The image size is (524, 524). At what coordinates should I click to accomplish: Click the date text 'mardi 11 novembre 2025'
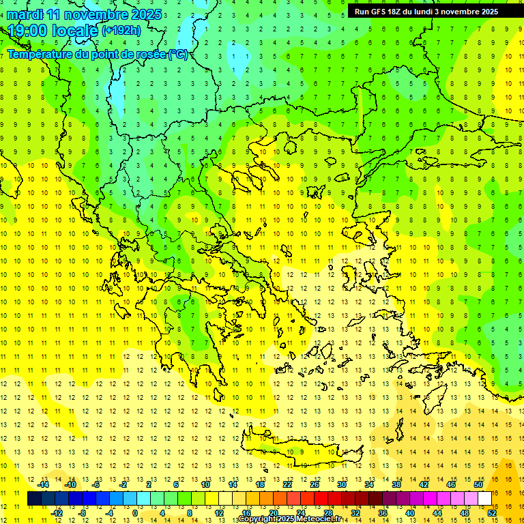pyautogui.click(x=85, y=14)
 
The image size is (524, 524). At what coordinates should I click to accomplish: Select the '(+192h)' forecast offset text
pyautogui.click(x=121, y=31)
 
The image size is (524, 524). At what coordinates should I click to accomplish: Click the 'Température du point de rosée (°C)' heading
pyautogui.click(x=98, y=55)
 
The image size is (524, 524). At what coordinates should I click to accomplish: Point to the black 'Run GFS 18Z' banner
pyautogui.click(x=426, y=12)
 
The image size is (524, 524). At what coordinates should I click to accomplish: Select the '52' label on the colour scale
pyautogui.click(x=492, y=512)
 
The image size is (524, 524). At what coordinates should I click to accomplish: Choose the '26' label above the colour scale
pyautogui.click(x=315, y=484)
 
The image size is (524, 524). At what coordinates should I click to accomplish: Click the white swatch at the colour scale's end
pyautogui.click(x=485, y=499)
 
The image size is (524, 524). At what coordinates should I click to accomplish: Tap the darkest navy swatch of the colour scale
pyautogui.click(x=34, y=499)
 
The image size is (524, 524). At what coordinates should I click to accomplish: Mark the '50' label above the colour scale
pyautogui.click(x=478, y=484)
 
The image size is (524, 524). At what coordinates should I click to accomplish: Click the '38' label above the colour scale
pyautogui.click(x=396, y=484)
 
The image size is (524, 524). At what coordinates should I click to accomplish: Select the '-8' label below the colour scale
pyautogui.click(x=83, y=512)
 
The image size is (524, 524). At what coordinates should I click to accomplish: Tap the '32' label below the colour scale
pyautogui.click(x=355, y=512)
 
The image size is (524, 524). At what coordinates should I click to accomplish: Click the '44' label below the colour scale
pyautogui.click(x=437, y=512)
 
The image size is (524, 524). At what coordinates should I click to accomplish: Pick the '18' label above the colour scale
pyautogui.click(x=260, y=484)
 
